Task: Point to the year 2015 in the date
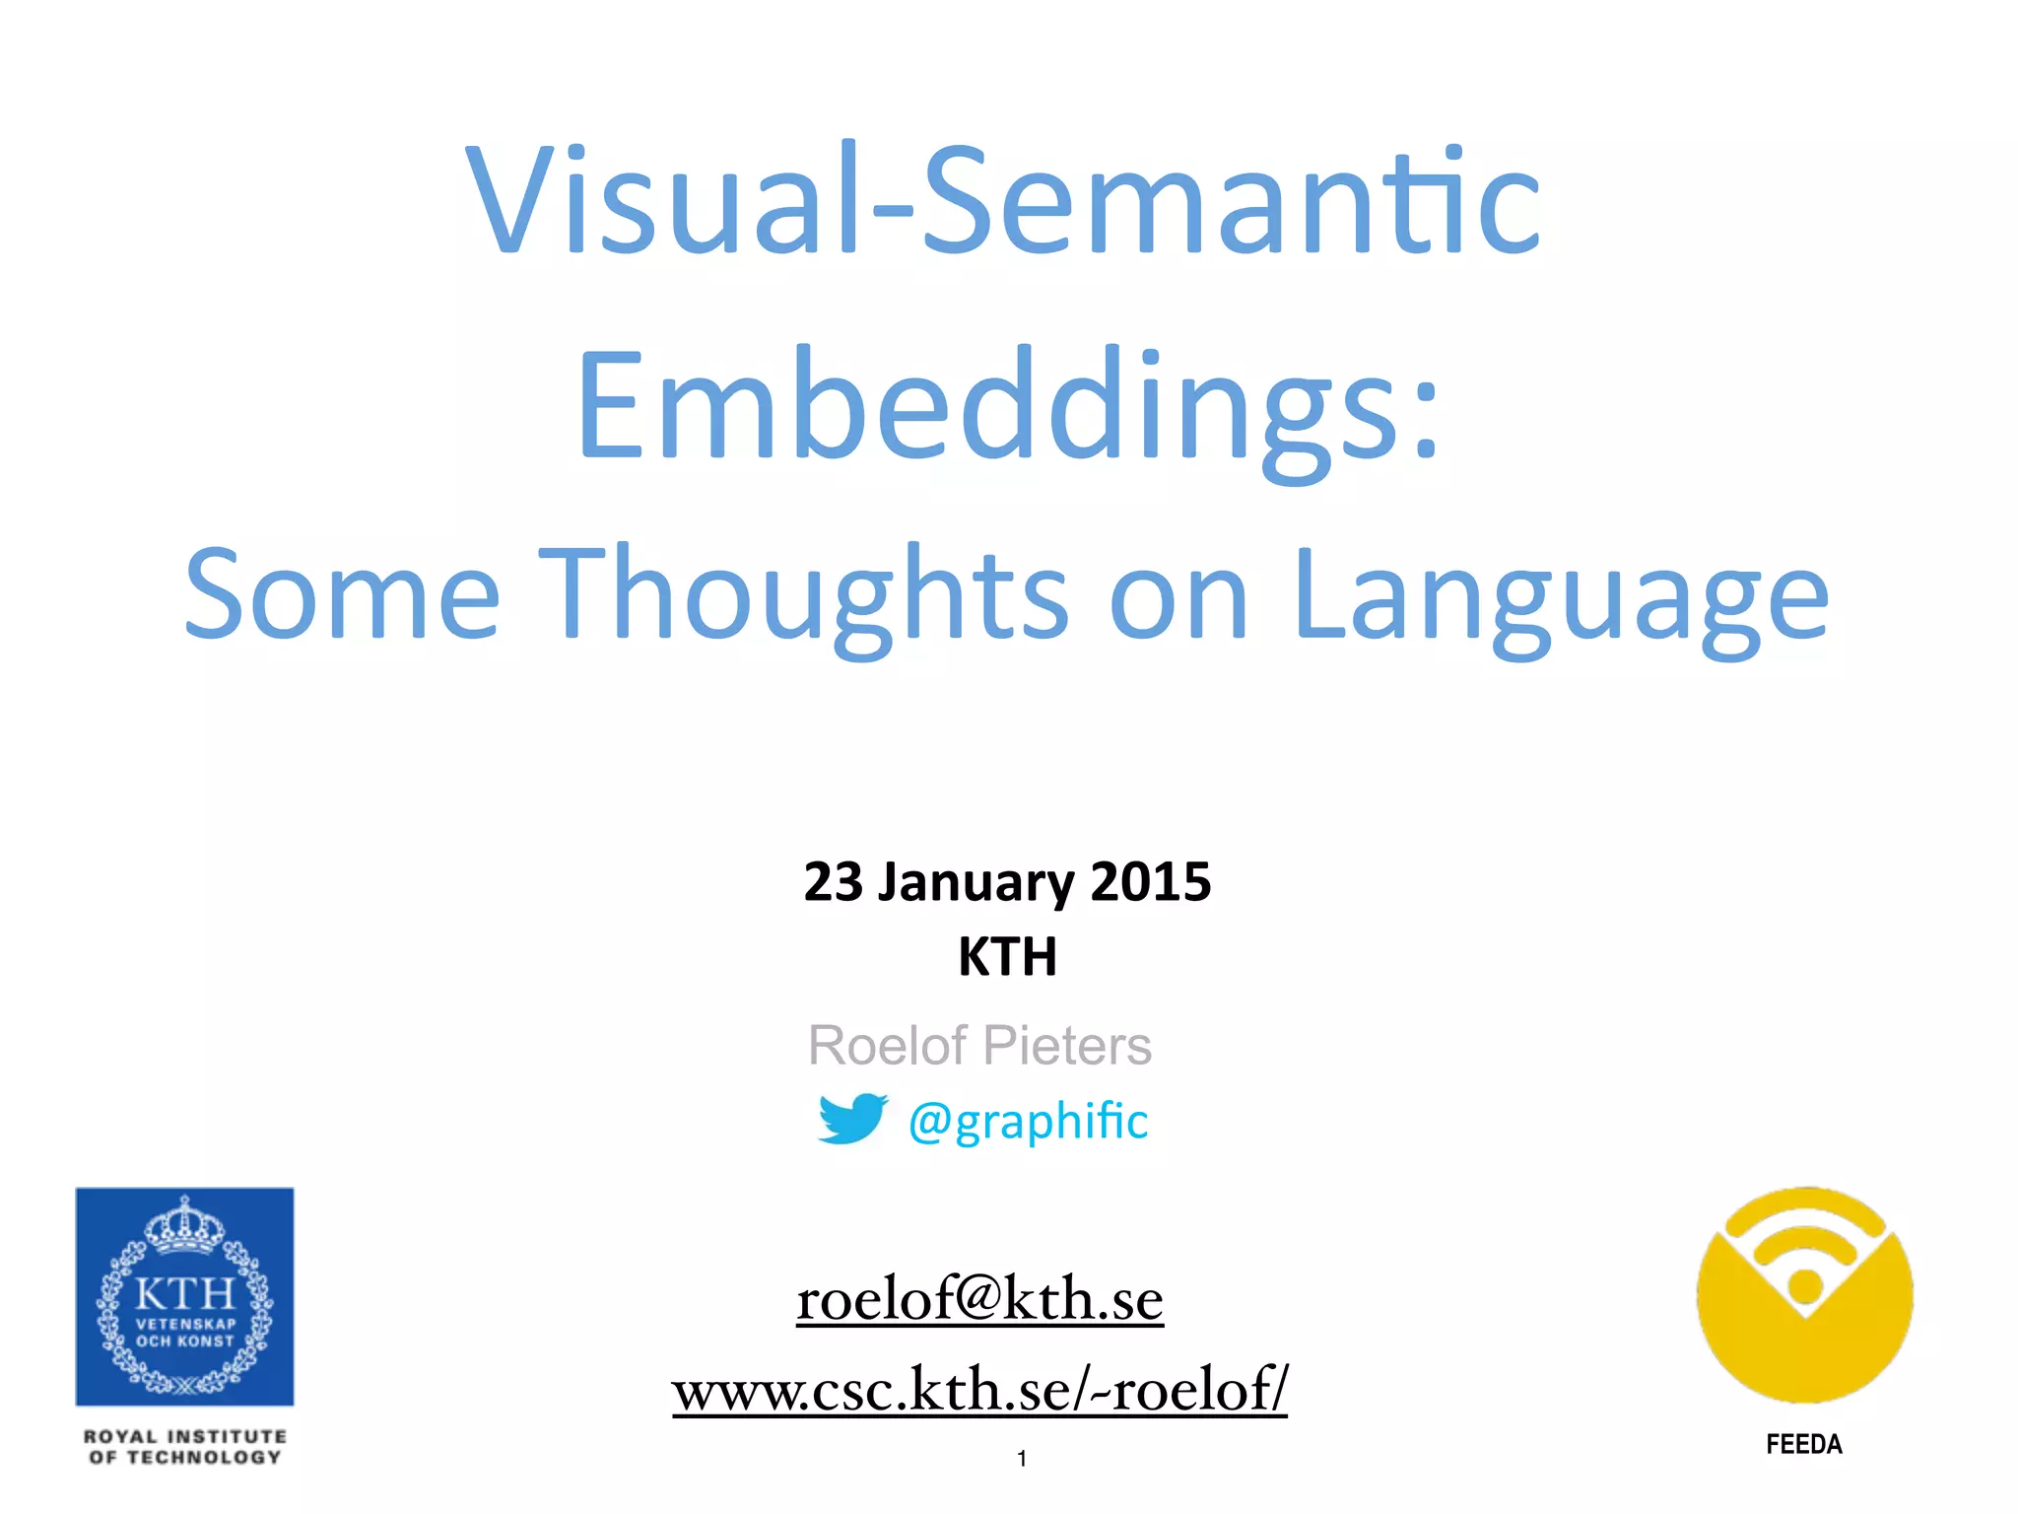pos(1151,881)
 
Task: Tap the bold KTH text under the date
pos(1007,956)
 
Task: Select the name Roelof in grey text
pos(887,1045)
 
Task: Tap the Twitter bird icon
pos(851,1119)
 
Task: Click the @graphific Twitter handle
pos(1028,1121)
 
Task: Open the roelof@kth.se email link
pos(979,1298)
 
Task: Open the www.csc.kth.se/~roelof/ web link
pos(979,1389)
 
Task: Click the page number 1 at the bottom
pos(1022,1459)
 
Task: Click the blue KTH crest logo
pos(184,1296)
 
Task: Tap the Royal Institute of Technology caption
pos(184,1447)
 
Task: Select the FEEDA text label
pos(1803,1445)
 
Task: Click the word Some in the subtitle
pos(343,594)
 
